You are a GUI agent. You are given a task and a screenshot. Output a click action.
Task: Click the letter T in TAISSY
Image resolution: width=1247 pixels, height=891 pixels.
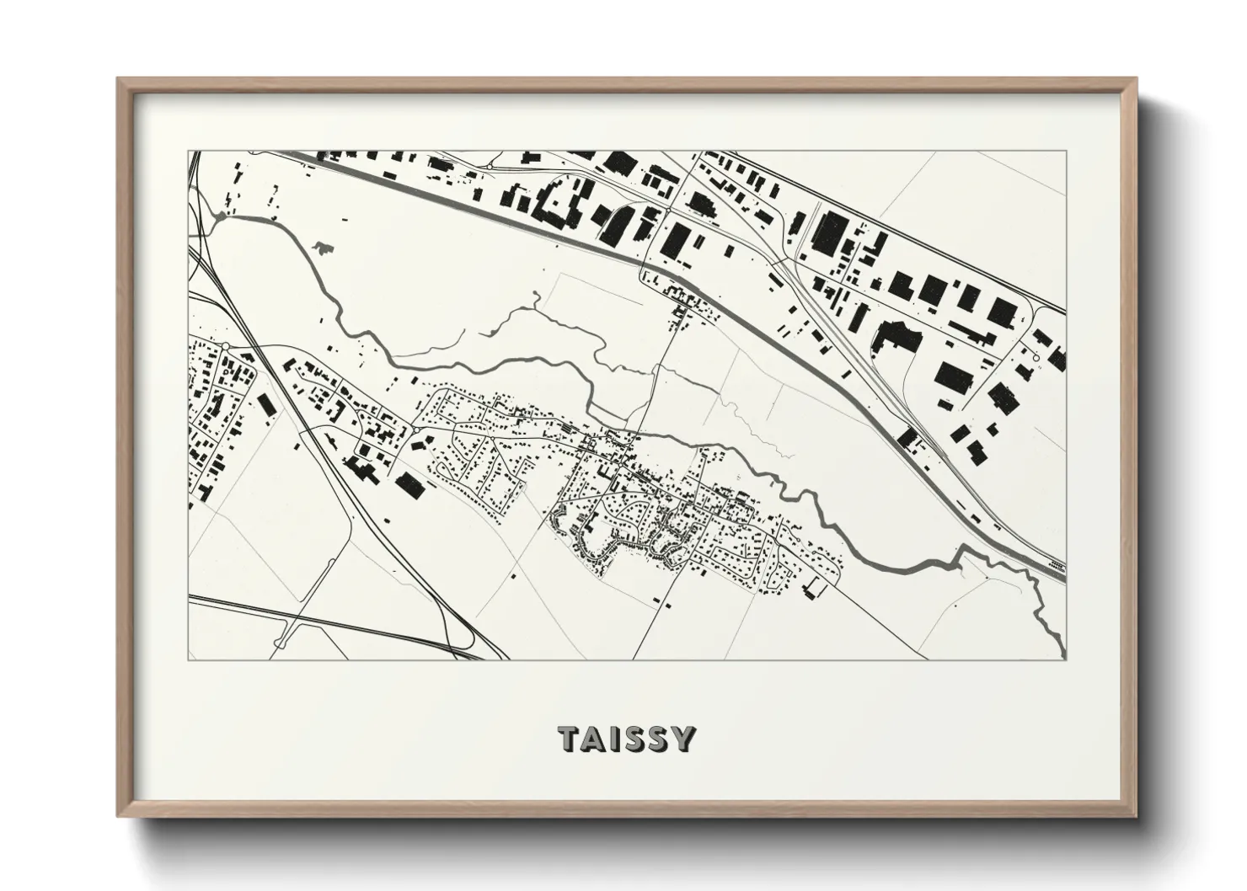point(570,739)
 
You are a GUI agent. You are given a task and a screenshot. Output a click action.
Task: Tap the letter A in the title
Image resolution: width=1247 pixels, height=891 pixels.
point(596,739)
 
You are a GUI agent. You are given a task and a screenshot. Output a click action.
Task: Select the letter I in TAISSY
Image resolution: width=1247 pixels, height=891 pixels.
point(616,739)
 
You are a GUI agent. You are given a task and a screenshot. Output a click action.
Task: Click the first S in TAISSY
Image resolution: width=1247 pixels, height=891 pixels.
point(635,739)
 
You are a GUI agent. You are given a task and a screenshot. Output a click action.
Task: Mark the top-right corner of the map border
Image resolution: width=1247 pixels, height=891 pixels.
point(1065,152)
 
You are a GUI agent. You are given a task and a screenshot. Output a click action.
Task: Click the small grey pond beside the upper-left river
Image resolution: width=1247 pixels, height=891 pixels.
point(321,247)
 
